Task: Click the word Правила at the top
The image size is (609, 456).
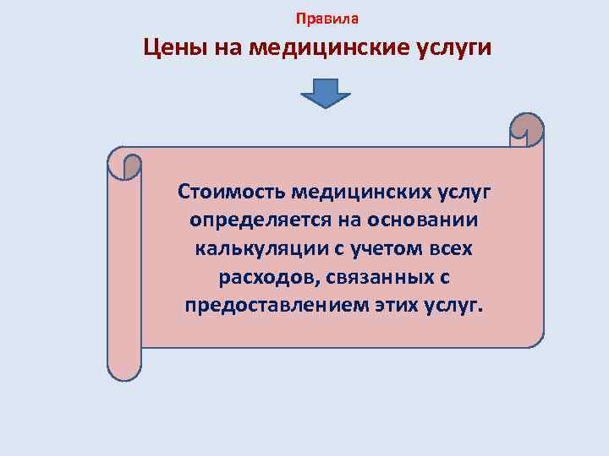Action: click(x=327, y=18)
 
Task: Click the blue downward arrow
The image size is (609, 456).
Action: click(x=326, y=93)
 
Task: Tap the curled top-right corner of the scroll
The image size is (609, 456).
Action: click(x=527, y=129)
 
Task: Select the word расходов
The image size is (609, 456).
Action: click(x=257, y=278)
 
